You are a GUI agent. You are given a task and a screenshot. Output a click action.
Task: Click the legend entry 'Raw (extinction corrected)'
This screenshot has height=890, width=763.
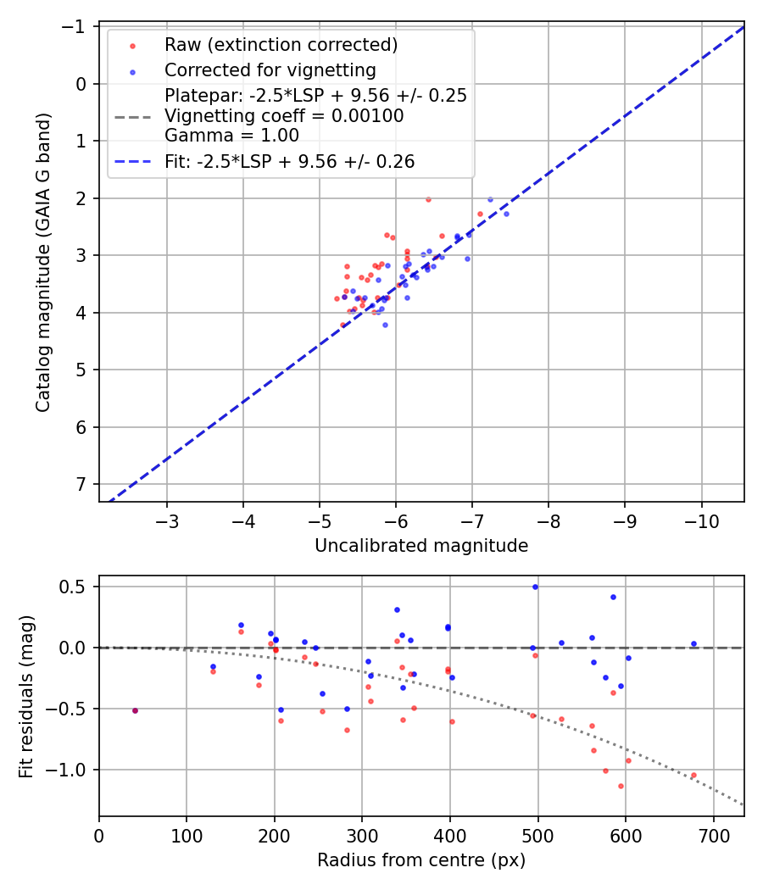(281, 44)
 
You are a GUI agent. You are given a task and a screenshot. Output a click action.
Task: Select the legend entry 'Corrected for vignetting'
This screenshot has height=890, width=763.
(270, 70)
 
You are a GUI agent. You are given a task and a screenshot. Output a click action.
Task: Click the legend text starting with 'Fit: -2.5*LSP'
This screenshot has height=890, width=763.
(290, 162)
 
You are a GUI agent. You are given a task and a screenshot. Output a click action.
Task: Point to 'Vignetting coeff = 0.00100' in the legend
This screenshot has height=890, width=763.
(284, 115)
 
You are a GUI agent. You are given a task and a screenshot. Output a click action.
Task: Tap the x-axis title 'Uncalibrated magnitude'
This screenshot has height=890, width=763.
(421, 546)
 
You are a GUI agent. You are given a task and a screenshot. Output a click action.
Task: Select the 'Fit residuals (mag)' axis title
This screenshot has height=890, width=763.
(25, 695)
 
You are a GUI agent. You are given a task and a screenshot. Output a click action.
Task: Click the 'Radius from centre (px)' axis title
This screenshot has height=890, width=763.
(421, 860)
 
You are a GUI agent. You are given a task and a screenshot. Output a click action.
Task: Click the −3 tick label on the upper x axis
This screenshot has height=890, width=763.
(167, 519)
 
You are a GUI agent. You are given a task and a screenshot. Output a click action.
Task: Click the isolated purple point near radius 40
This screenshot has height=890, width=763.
(135, 710)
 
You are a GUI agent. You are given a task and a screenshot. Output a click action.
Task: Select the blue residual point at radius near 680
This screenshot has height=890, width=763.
(693, 644)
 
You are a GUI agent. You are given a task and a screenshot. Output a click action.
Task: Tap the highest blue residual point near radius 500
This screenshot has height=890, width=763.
(535, 587)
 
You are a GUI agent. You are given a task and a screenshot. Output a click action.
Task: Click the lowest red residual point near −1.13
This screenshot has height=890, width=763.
(621, 786)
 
